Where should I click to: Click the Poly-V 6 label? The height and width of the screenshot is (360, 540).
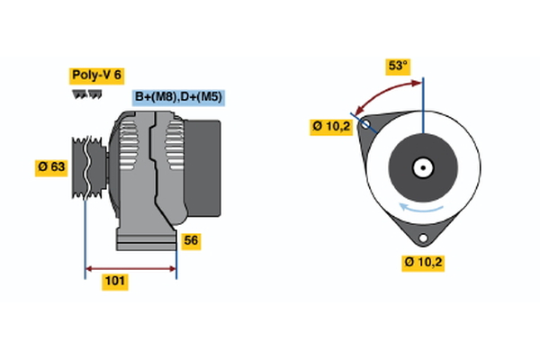[95, 76]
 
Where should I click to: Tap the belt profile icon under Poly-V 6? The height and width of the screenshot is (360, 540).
[87, 93]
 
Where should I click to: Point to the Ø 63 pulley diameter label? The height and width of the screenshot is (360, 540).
[51, 167]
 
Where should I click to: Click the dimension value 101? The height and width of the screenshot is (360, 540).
[115, 282]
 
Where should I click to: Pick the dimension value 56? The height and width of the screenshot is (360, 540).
[191, 240]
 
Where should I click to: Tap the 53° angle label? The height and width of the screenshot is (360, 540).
[398, 66]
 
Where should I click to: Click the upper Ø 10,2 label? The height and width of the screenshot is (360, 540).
[331, 127]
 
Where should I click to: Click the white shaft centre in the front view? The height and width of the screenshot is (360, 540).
[422, 167]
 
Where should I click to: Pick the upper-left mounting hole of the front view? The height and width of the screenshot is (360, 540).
[365, 126]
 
